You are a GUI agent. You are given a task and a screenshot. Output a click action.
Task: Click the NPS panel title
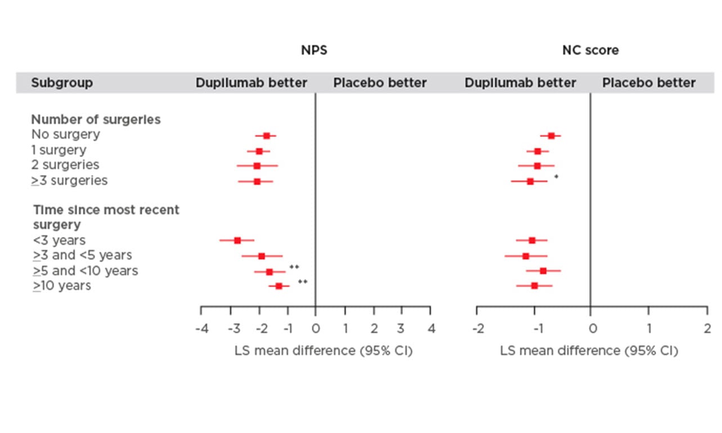click(x=313, y=50)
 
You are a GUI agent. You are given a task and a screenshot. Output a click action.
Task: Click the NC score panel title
click(x=590, y=50)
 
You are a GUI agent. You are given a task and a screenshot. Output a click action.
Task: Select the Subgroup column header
click(x=62, y=83)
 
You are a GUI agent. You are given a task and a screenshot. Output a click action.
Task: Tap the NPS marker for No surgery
click(x=266, y=136)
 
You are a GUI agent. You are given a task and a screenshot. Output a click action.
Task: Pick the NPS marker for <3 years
click(x=237, y=240)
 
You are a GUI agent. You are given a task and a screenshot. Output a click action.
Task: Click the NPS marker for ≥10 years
click(x=279, y=286)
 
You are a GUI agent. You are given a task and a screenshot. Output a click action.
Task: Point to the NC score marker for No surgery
click(x=551, y=136)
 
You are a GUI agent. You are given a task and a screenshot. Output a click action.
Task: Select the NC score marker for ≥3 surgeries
click(x=530, y=181)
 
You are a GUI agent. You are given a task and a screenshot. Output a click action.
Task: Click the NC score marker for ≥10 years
click(x=535, y=286)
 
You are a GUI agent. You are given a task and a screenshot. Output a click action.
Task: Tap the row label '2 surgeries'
click(x=65, y=165)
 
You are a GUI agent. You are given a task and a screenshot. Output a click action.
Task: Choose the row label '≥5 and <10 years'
click(x=85, y=271)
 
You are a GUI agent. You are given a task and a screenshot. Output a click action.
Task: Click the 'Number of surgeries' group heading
click(x=96, y=119)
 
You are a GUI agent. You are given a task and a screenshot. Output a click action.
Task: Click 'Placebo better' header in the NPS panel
click(x=380, y=83)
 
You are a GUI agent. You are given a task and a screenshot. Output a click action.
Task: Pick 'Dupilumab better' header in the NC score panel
click(x=520, y=83)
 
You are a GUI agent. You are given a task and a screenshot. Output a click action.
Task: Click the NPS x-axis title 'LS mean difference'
click(x=323, y=351)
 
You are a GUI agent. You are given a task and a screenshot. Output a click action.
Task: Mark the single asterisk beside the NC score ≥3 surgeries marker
click(x=556, y=177)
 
